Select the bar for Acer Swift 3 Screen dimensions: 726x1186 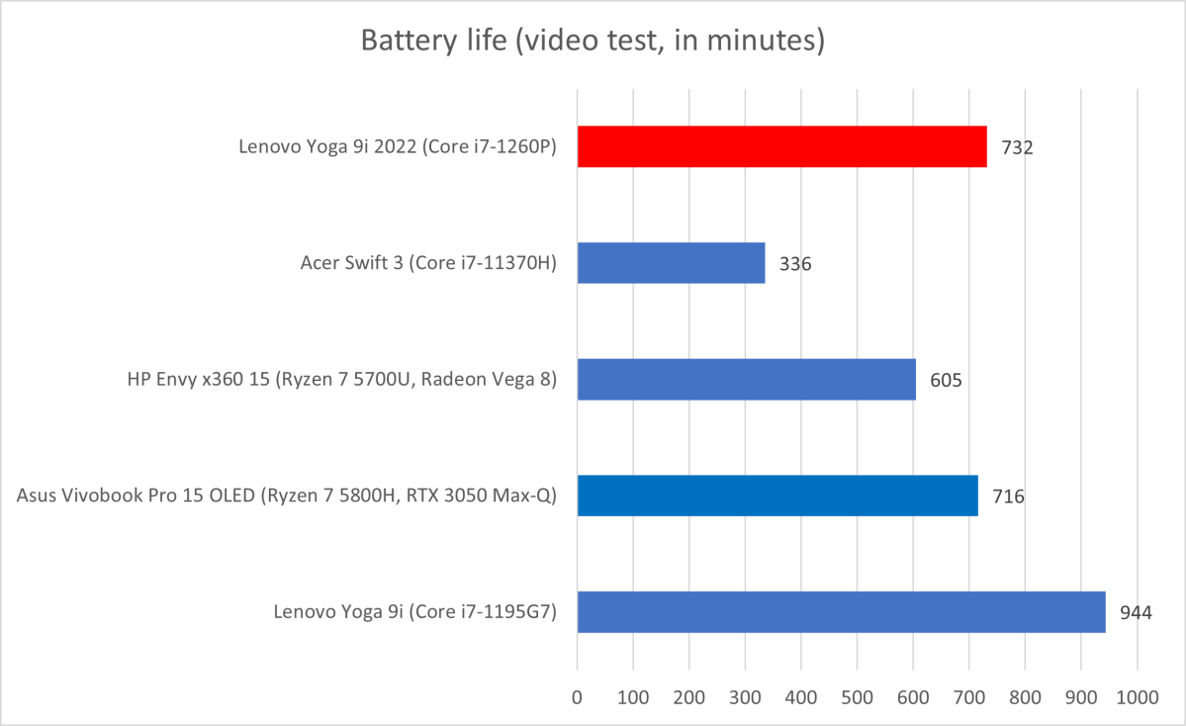tap(671, 263)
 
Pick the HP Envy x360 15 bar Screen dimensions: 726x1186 tap(746, 379)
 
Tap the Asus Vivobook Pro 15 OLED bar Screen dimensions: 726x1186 tap(777, 496)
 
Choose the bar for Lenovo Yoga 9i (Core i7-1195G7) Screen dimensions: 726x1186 tap(841, 611)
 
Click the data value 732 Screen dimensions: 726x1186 tap(1017, 148)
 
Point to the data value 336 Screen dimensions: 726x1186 tap(795, 264)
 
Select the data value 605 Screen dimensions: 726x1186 tap(946, 380)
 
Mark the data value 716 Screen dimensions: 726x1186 tap(1008, 497)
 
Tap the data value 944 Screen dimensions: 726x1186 tap(1136, 612)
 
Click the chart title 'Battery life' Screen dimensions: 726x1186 tap(593, 41)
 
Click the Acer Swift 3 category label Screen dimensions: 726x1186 tap(428, 264)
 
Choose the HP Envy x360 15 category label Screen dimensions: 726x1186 tap(342, 380)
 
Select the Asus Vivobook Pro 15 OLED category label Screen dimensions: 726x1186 tap(287, 497)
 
